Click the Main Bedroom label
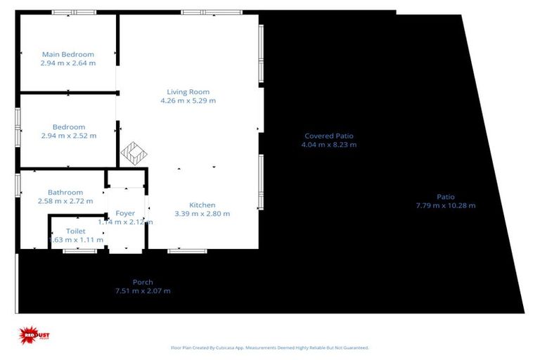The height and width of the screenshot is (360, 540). (x=68, y=54)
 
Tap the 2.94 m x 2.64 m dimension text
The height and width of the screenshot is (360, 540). (x=68, y=63)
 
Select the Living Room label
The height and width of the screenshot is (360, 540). (x=188, y=91)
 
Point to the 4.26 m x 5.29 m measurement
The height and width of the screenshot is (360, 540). (x=188, y=101)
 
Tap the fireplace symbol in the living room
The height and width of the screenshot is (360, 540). (x=132, y=153)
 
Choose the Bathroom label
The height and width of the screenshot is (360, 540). (x=65, y=192)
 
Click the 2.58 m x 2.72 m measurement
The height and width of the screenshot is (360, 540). (x=65, y=201)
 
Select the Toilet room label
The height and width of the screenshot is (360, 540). (x=75, y=231)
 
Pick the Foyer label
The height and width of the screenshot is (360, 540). (x=125, y=213)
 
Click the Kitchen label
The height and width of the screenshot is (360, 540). (x=202, y=205)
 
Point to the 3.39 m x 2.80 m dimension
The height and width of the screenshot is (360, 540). (x=202, y=214)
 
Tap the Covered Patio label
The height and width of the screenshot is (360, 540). (x=328, y=136)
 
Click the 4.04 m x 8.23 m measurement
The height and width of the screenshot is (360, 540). (x=328, y=145)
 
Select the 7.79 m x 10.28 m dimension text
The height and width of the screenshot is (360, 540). (x=445, y=206)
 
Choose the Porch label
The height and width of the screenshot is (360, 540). (x=143, y=282)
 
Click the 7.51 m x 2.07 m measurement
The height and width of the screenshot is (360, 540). (x=143, y=291)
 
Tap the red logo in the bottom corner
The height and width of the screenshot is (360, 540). (x=31, y=336)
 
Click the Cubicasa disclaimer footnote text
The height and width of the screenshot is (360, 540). (x=270, y=347)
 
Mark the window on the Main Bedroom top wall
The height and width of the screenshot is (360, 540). (x=74, y=12)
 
